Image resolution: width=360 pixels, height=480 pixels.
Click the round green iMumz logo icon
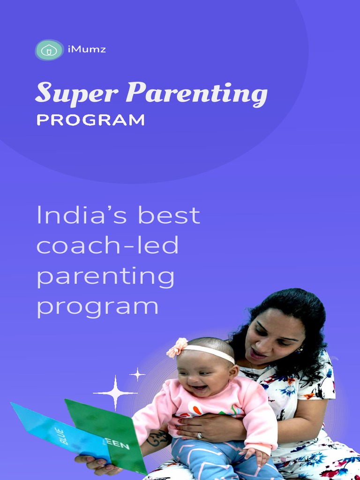pos(49,50)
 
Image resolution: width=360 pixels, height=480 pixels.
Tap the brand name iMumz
pos(87,49)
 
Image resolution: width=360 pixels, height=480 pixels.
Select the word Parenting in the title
pos(196,94)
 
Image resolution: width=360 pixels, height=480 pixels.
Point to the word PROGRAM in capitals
pos(90,120)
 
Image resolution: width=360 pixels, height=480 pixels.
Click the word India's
pos(83,215)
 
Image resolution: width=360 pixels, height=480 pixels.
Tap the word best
pos(169,215)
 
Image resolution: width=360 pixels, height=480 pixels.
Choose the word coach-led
pos(107,245)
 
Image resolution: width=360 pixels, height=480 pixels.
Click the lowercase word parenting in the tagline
pos(105,277)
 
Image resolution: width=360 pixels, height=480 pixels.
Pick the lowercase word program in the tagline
pos(97,307)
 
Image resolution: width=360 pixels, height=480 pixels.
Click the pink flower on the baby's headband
pos(178,347)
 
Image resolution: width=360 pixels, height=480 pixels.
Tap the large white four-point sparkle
pos(115,392)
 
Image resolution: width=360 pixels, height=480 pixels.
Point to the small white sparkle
pos(137,374)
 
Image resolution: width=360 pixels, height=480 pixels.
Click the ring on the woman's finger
pos(200,435)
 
